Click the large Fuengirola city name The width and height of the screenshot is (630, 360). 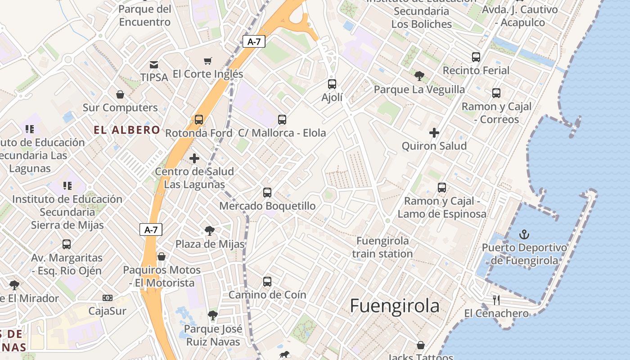coord(395,306)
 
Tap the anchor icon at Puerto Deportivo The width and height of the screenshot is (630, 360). coord(524,234)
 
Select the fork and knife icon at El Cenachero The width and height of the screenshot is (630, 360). coord(496,300)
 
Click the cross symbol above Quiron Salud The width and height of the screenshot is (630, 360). coord(434,133)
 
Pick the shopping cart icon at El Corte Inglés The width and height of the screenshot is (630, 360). coord(208,61)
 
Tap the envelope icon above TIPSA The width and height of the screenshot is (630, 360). coord(154,64)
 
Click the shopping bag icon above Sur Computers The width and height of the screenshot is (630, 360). coord(120,94)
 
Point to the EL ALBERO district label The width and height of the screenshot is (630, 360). coord(127,130)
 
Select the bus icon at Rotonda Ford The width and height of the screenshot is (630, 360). coord(199,120)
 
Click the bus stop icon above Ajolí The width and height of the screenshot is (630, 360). coord(332,84)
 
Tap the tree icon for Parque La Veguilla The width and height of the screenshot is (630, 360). coord(419,76)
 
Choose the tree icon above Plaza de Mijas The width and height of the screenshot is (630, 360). coord(210,231)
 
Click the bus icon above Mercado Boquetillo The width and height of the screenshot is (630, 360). coord(267,193)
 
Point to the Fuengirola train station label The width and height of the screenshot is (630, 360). coord(382,247)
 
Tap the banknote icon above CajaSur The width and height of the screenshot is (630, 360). coord(107,298)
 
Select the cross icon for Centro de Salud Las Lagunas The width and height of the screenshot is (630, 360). coord(194,158)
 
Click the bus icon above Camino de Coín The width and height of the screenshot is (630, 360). coord(267,282)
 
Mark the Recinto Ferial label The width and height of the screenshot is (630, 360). coord(476,71)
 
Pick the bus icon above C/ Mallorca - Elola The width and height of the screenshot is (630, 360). coord(282,120)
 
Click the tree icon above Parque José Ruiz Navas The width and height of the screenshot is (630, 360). coord(213,315)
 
